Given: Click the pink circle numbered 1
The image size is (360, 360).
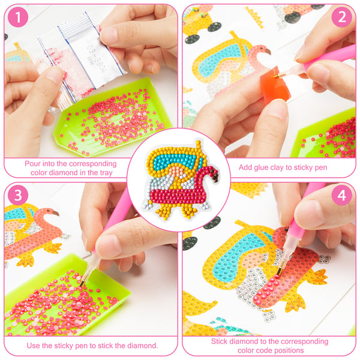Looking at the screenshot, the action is point(18,17).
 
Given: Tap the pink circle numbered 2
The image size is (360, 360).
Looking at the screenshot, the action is point(341,17).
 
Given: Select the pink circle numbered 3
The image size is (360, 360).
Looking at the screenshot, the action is point(18,195).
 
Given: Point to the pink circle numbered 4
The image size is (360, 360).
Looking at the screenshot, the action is point(341,195).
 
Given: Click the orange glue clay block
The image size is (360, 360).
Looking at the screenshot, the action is point(275,86).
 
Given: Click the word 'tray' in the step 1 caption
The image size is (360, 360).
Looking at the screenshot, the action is point(105,173).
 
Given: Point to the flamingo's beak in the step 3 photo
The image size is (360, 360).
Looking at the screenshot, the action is point(56,214).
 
